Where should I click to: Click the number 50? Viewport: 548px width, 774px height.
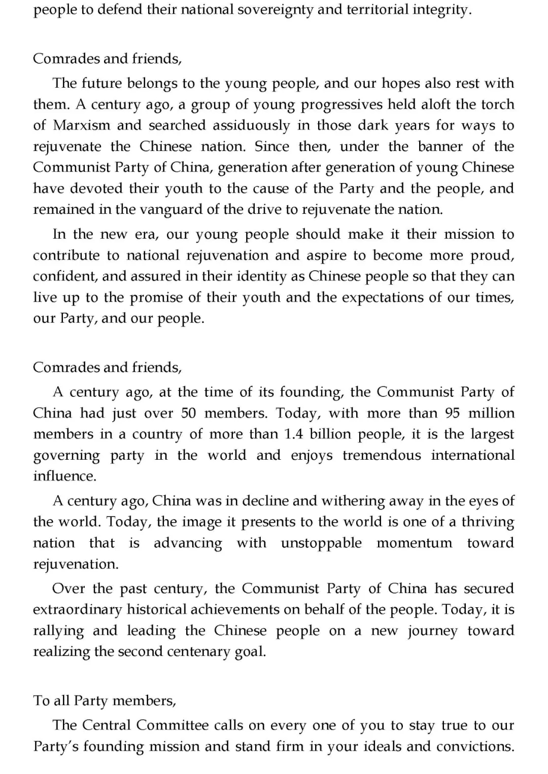[x=188, y=413]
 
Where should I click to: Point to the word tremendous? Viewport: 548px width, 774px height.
[x=382, y=455]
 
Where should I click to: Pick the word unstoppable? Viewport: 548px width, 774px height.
[x=321, y=543]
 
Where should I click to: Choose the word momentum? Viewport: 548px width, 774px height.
[x=414, y=543]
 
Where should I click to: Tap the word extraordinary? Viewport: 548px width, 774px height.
[x=78, y=609]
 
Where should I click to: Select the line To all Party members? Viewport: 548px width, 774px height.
[x=105, y=701]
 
